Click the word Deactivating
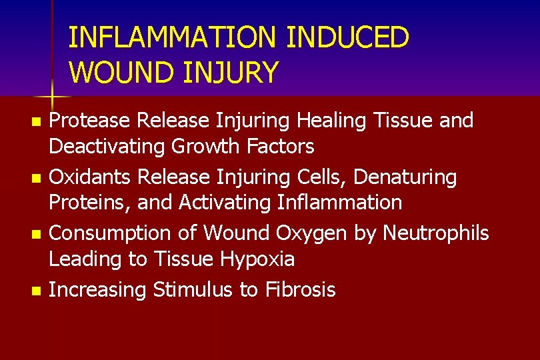click(107, 145)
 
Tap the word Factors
click(281, 145)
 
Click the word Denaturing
click(405, 177)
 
